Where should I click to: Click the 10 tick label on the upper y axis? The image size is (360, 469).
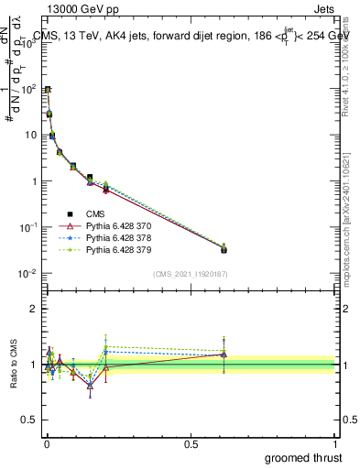point(31,135)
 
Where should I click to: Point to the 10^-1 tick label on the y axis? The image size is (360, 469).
point(29,227)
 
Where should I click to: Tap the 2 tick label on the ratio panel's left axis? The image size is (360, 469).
point(34,309)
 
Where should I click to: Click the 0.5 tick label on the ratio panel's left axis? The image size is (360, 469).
point(30,420)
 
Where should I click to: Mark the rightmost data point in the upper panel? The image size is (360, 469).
point(224,248)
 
